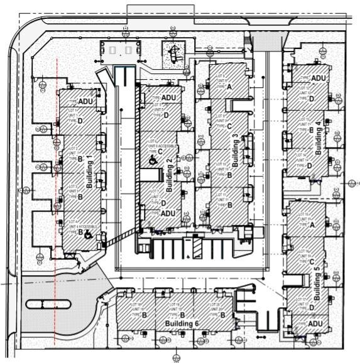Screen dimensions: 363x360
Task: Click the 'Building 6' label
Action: point(182,323)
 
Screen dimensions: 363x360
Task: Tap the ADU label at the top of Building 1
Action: point(86,102)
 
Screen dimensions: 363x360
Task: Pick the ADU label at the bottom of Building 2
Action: point(168,214)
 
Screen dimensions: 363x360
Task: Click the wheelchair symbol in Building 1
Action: point(88,235)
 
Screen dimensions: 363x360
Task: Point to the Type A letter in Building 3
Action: point(229,87)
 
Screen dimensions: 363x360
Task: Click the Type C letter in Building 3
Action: point(229,126)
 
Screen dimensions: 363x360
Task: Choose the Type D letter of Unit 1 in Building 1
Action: point(80,121)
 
